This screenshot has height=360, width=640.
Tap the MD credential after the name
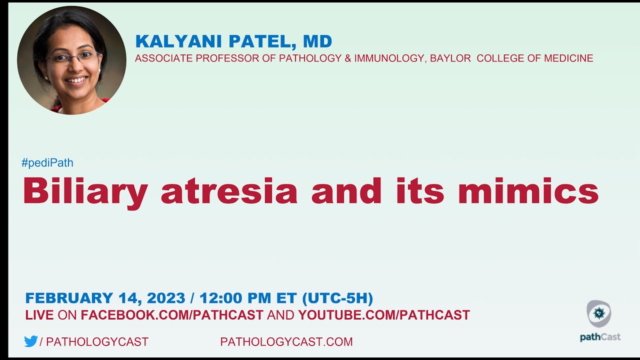317,41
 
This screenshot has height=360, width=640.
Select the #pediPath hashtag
47,162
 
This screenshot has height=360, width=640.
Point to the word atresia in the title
228,191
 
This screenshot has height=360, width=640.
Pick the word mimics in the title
528,191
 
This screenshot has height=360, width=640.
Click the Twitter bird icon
31,341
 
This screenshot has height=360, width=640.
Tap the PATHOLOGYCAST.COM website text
286,342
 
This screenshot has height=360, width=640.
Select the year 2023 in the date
166,298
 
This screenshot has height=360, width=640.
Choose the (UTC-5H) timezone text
337,298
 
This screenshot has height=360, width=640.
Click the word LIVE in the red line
39,315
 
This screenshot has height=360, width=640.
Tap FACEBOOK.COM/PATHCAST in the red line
171,315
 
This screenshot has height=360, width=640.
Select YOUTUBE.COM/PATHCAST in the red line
384,315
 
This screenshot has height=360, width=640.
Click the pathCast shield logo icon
599,313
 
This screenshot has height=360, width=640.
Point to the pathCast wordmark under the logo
600,337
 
